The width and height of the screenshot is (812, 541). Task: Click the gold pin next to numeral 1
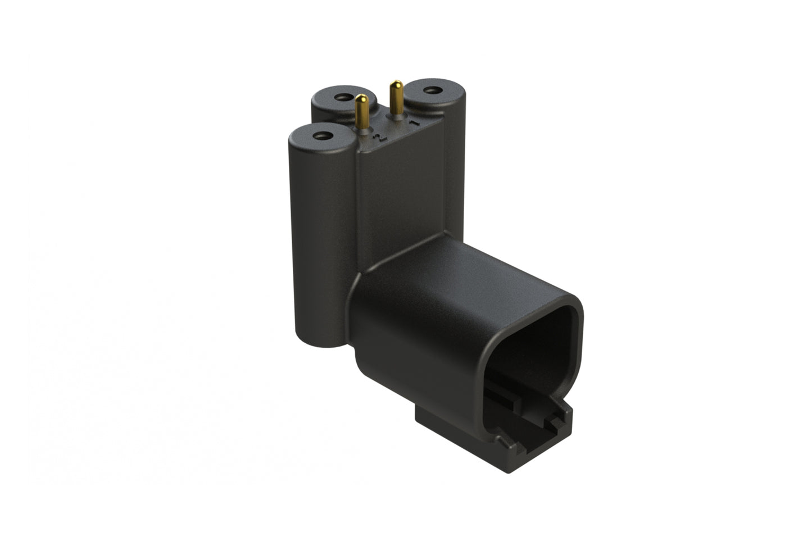[397, 101]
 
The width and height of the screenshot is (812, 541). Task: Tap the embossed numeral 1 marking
[414, 122]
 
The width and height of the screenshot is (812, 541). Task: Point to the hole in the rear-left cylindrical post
[341, 97]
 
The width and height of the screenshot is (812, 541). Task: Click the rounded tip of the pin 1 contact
[397, 84]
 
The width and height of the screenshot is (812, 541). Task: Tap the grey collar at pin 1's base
[397, 117]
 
